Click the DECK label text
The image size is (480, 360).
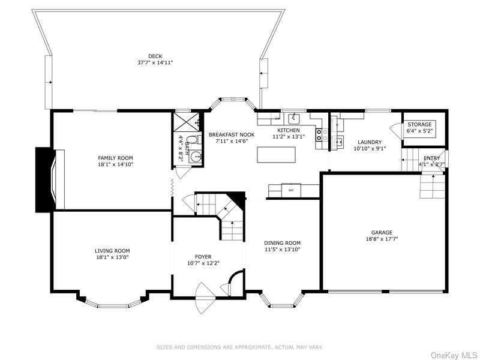(x=155, y=56)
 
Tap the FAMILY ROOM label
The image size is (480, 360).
(x=116, y=158)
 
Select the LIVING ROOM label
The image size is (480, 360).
(x=112, y=251)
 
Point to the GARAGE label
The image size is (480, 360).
(x=381, y=233)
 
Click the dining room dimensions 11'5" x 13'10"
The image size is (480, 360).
(x=282, y=250)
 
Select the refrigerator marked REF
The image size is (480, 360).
(x=292, y=190)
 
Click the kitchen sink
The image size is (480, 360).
(x=295, y=118)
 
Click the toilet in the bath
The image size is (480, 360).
(x=191, y=140)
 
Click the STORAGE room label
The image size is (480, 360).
(x=419, y=124)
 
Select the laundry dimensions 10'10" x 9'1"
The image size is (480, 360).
(x=370, y=149)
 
